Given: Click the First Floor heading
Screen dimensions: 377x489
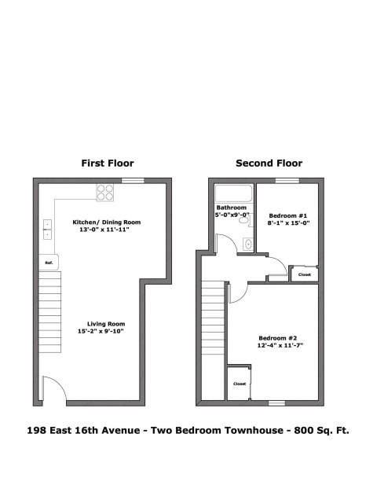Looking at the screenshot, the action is [x=108, y=163].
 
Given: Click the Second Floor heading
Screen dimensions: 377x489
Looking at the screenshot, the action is [x=269, y=163].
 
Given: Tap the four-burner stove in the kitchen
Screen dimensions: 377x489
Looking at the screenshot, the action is [x=105, y=193].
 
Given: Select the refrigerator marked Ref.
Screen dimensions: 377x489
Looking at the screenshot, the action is [x=49, y=263].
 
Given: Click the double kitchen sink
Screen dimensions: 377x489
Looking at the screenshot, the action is [x=47, y=230].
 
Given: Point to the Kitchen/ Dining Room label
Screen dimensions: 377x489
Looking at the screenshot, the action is [x=107, y=222].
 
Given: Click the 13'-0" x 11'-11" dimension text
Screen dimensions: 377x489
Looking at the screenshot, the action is [x=104, y=230].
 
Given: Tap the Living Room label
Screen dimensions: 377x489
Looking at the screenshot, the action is [x=106, y=324].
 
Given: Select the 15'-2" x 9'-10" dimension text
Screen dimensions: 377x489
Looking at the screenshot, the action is [x=101, y=331].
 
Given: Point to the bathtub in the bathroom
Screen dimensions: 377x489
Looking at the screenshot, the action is [x=234, y=193].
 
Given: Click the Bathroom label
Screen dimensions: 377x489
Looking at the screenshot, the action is [x=232, y=208].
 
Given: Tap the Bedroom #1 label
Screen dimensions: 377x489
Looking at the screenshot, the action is [x=288, y=215].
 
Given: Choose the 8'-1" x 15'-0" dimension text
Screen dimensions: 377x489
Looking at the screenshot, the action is [x=288, y=223].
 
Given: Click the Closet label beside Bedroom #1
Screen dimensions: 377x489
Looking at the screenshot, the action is [x=305, y=274].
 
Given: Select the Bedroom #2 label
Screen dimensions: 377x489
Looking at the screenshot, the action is [x=277, y=338].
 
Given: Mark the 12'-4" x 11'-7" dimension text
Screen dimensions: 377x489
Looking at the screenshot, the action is [x=280, y=345].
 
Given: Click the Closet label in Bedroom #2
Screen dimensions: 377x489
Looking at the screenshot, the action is [x=240, y=384].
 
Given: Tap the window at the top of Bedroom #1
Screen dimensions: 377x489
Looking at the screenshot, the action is [x=287, y=181].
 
